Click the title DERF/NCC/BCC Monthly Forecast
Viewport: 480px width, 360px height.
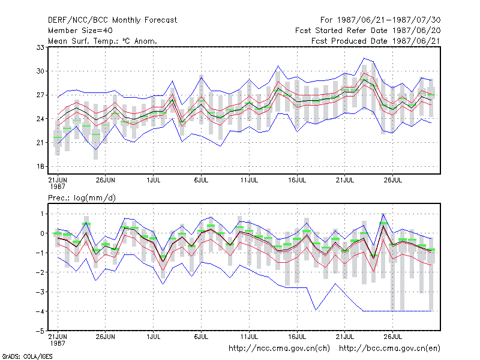112,20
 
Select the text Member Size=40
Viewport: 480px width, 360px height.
80,31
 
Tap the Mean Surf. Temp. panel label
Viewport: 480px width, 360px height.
102,41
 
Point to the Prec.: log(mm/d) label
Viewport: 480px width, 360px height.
82,198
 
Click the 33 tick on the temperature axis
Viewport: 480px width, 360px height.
40,47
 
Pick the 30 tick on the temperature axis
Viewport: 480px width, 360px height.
40,71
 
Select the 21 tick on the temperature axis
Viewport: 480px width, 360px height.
40,143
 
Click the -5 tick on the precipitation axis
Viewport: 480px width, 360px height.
40,331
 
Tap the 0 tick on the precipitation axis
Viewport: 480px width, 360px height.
42,233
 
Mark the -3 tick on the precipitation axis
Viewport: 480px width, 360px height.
40,292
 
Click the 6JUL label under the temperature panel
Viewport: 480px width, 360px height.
201,180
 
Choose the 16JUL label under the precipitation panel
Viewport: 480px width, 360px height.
297,337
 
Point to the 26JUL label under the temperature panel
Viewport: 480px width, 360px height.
393,180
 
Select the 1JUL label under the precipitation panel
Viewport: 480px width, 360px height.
154,337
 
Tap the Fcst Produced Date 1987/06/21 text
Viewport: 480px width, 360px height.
376,41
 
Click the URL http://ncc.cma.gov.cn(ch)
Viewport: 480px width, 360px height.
279,349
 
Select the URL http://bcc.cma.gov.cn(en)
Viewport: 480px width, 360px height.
389,349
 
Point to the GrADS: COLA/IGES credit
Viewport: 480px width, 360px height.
27,356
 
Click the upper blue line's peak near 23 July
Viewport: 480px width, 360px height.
364,58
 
